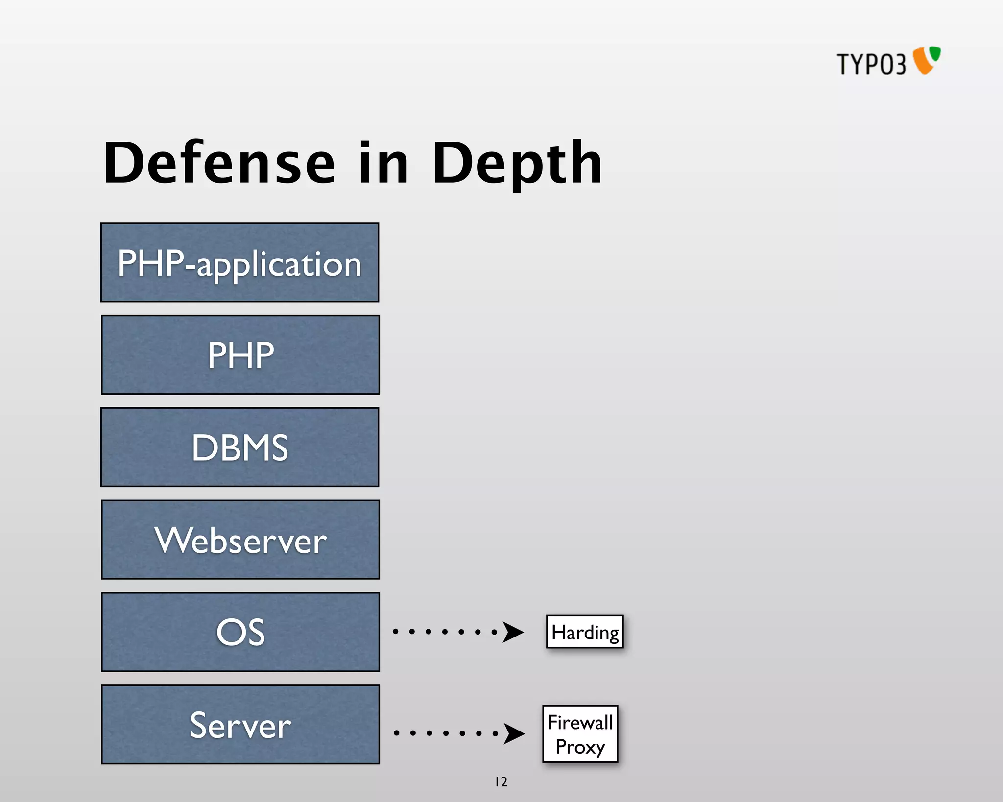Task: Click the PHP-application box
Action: [239, 262]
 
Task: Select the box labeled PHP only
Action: [240, 354]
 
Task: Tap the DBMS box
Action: [239, 447]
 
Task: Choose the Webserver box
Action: [240, 540]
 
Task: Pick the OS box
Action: [240, 632]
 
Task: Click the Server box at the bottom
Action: [240, 724]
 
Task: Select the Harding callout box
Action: [585, 632]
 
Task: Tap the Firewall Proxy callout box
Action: [580, 733]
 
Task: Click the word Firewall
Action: [580, 722]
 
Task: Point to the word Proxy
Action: [580, 747]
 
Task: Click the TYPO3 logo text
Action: [871, 64]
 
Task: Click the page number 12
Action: [501, 781]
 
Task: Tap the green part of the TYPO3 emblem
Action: [935, 53]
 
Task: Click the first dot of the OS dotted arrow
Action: [395, 632]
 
